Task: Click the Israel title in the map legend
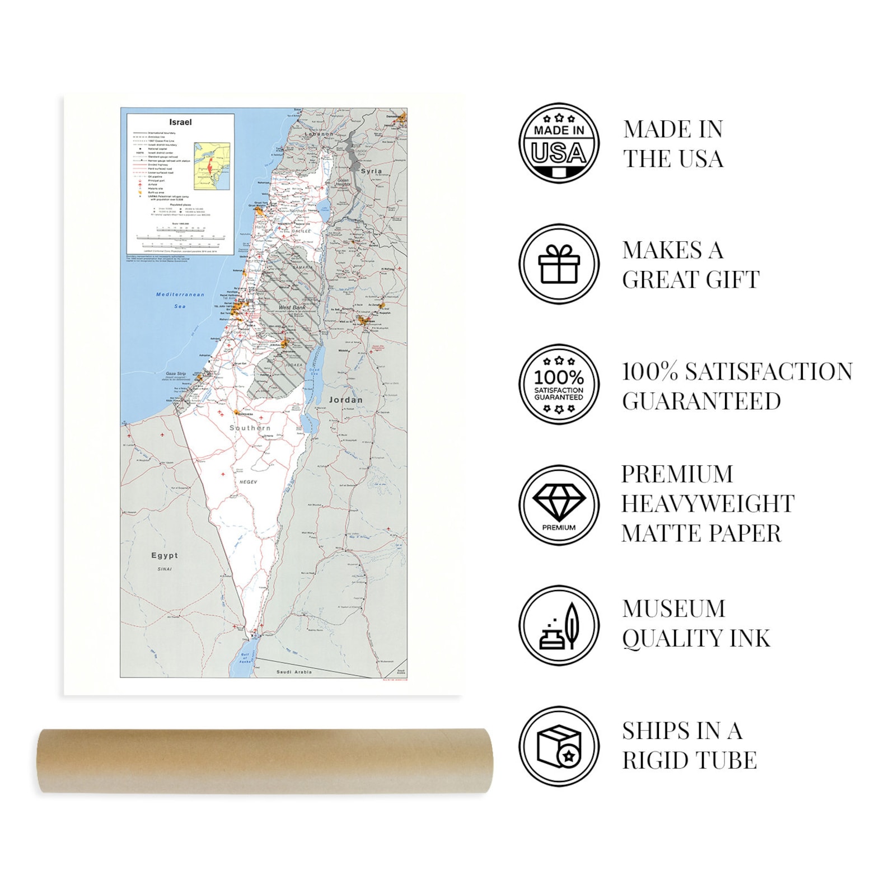[x=180, y=122]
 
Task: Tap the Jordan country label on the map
[x=345, y=400]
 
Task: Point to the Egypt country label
[x=165, y=555]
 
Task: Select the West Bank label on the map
[x=292, y=307]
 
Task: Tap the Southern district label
[x=250, y=428]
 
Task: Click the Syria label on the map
[x=371, y=171]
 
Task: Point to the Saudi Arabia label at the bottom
[x=294, y=672]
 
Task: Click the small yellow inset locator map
[x=212, y=166]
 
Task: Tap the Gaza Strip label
[x=176, y=373]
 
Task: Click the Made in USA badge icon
[x=559, y=143]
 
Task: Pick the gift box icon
[x=559, y=264]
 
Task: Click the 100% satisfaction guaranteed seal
[x=559, y=385]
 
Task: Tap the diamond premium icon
[x=559, y=505]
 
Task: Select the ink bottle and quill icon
[x=559, y=626]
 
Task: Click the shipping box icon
[x=559, y=746]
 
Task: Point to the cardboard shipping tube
[x=265, y=761]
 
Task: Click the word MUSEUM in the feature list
[x=673, y=609]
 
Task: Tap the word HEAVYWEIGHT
[x=708, y=504]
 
